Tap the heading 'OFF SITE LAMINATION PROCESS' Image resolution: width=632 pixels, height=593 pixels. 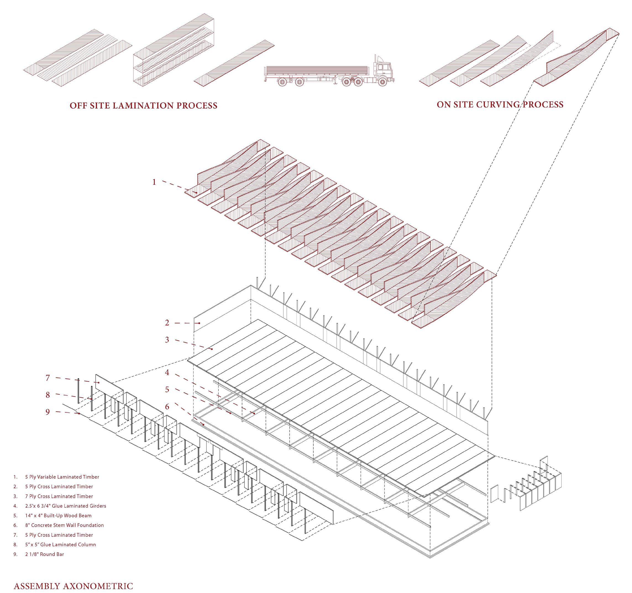click(143, 106)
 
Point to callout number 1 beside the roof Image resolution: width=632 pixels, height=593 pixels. click(154, 182)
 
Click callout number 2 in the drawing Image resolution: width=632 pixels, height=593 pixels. click(167, 323)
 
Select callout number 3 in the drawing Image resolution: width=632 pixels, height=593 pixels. click(167, 340)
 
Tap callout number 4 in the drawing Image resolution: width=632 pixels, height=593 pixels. click(167, 372)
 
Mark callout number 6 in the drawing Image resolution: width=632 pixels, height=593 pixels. click(167, 407)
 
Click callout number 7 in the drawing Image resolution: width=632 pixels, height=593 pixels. click(48, 378)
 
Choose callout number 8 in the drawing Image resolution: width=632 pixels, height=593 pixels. click(48, 395)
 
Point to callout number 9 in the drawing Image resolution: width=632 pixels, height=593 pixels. click(48, 412)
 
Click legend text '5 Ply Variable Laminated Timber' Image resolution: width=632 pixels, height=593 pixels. click(62, 477)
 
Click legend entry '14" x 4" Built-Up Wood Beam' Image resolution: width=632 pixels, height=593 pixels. click(58, 515)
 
